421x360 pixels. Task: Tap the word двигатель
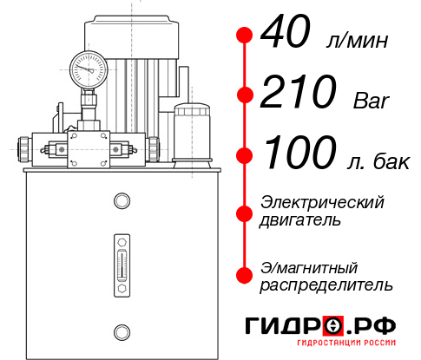pos(300,220)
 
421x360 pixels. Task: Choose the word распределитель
pos(326,285)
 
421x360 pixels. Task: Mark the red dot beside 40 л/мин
pos(245,36)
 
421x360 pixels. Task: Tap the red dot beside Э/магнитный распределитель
pos(245,275)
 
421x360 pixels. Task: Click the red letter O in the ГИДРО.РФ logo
pos(333,326)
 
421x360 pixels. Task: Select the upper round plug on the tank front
pos(121,202)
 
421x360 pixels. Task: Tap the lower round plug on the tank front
pos(121,330)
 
